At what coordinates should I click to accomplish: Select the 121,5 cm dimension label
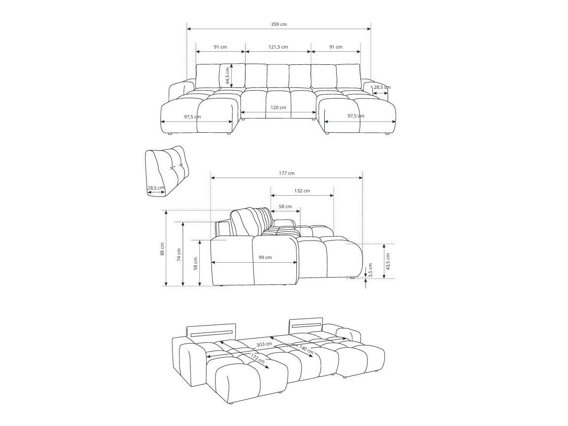(278, 47)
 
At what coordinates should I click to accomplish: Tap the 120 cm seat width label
(278, 107)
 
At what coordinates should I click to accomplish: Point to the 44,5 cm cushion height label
(227, 76)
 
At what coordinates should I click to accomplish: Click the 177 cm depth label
(287, 173)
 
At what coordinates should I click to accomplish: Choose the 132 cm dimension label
(302, 191)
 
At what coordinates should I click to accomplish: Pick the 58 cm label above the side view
(285, 206)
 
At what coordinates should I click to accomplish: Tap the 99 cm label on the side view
(265, 257)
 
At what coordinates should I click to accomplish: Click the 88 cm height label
(162, 249)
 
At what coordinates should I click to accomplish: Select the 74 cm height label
(179, 255)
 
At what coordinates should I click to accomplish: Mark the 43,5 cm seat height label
(388, 261)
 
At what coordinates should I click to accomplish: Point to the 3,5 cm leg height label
(370, 270)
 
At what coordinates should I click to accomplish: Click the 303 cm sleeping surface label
(264, 345)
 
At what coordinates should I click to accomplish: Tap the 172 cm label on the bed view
(258, 358)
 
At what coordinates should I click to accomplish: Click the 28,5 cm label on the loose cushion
(155, 188)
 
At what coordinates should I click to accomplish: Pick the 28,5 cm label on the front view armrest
(382, 87)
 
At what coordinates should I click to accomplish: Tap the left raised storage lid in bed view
(211, 331)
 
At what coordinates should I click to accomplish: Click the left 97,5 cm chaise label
(192, 117)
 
